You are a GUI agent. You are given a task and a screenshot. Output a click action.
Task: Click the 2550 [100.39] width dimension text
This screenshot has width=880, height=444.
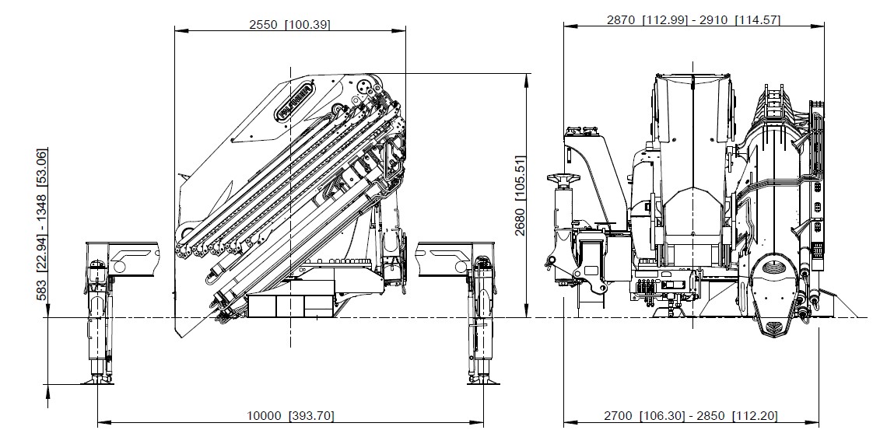click(289, 24)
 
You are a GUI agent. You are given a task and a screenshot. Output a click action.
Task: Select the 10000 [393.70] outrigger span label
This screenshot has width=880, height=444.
click(291, 416)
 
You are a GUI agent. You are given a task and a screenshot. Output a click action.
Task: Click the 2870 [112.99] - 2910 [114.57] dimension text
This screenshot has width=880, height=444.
click(693, 20)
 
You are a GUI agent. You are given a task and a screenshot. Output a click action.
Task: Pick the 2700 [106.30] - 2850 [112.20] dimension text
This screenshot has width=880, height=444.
click(691, 416)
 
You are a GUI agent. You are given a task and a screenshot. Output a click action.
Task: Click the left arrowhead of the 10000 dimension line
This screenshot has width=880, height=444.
click(101, 423)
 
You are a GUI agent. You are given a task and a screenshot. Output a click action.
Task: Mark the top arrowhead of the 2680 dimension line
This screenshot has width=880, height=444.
click(529, 76)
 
